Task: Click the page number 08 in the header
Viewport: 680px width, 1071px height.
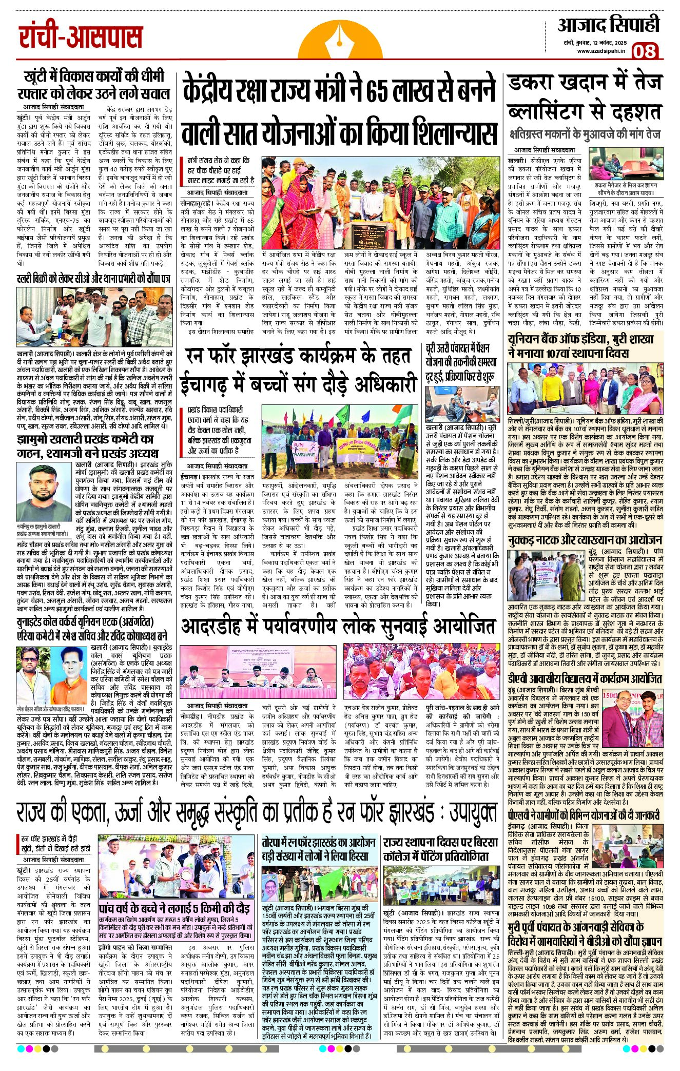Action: click(x=645, y=51)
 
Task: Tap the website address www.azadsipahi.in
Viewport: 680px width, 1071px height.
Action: click(x=600, y=51)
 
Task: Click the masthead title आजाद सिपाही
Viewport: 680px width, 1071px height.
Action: click(x=608, y=25)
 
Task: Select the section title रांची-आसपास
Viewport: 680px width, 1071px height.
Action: click(x=81, y=37)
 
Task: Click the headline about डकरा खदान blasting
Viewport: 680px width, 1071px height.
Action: click(x=585, y=97)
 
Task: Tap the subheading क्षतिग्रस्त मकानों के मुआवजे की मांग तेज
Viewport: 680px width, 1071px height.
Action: click(x=585, y=135)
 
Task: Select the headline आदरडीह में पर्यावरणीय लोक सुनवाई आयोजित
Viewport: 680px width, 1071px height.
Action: click(x=339, y=627)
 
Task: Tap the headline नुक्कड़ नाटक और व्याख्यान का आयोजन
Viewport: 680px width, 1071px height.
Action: click(x=585, y=540)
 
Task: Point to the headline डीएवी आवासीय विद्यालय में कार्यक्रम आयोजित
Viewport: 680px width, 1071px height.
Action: click(x=585, y=678)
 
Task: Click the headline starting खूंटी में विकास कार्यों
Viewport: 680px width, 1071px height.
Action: click(x=96, y=85)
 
